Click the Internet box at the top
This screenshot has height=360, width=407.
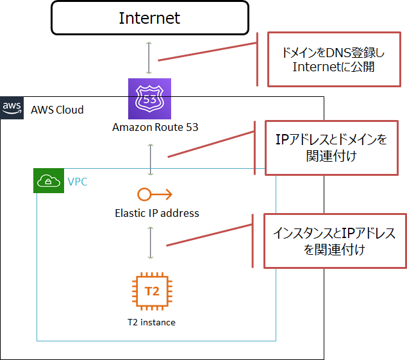click(150, 18)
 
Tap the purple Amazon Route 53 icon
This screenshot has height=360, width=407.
click(150, 99)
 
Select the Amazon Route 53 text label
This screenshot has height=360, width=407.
click(155, 127)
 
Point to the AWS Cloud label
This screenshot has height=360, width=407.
click(57, 110)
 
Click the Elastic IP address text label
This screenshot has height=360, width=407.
click(157, 213)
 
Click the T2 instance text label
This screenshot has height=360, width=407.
click(151, 322)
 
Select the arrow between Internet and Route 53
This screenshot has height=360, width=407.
click(150, 58)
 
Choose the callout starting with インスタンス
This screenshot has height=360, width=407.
click(335, 241)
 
